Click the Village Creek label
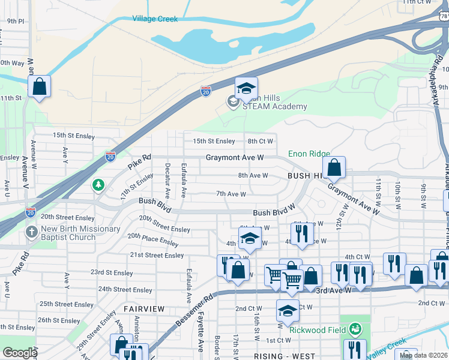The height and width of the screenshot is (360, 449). pos(155,19)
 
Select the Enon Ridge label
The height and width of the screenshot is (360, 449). pos(309,154)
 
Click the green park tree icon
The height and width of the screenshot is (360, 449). pos(98,185)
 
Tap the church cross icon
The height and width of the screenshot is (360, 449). pos(31,232)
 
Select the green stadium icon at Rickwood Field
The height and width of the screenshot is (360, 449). pos(355,329)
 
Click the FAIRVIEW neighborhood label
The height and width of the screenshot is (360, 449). pos(143,308)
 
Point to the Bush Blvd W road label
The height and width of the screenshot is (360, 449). pos(274,212)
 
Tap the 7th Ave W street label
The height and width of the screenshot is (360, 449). pos(231,194)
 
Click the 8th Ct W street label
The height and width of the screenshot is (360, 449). pos(261,141)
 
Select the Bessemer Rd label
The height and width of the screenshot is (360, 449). pos(194,313)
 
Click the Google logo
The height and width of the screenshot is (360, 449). pos(20,353)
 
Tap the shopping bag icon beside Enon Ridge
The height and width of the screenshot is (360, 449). pos(334,169)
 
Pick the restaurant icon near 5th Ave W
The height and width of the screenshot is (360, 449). pos(302,233)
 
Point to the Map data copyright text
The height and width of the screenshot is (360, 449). pos(423,355)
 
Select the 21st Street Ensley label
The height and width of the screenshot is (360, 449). pos(157,255)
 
